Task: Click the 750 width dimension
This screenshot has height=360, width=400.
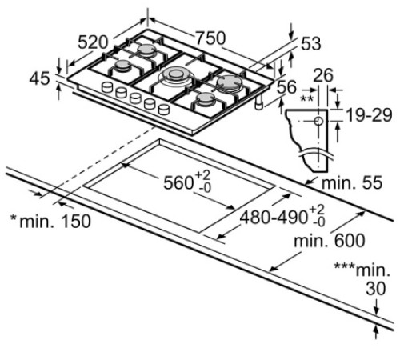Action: (211, 38)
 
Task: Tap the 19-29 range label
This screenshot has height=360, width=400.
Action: (367, 117)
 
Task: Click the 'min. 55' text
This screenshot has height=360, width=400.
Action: (352, 184)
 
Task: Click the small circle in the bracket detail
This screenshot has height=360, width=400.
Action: (318, 122)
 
